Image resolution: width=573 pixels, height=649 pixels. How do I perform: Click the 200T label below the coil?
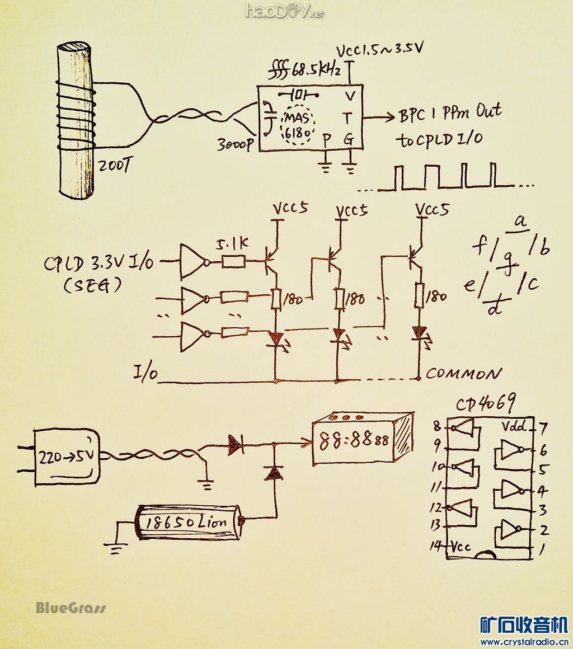pos(114,166)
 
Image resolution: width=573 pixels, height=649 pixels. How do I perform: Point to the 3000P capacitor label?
pos(236,144)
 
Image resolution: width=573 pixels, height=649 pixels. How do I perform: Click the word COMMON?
pos(463,373)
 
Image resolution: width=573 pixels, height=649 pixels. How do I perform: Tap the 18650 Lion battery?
pos(187,522)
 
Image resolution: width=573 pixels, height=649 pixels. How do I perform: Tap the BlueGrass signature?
pos(71,608)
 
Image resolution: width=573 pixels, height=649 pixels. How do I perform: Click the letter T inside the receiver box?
pos(349,118)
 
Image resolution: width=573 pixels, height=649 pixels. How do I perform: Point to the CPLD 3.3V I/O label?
pos(99,263)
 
